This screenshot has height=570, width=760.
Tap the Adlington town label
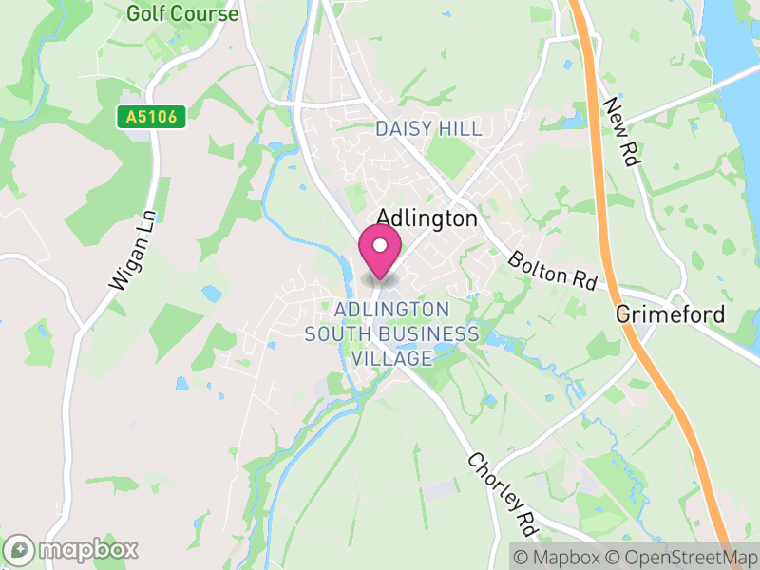(x=427, y=218)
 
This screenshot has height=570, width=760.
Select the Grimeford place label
(x=670, y=314)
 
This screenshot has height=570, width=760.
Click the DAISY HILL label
(x=428, y=128)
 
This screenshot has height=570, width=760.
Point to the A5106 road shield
(x=151, y=118)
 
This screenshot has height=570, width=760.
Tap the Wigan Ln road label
(x=125, y=251)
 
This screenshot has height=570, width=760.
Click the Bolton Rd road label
(x=552, y=271)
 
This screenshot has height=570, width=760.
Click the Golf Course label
(x=181, y=14)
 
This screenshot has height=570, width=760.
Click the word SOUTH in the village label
(x=335, y=334)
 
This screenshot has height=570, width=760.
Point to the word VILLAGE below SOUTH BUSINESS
(x=391, y=358)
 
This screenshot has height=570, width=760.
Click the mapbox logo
(x=72, y=549)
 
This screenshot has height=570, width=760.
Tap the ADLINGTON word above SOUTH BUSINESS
(x=391, y=310)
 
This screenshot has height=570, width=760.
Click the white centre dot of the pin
(x=380, y=245)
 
